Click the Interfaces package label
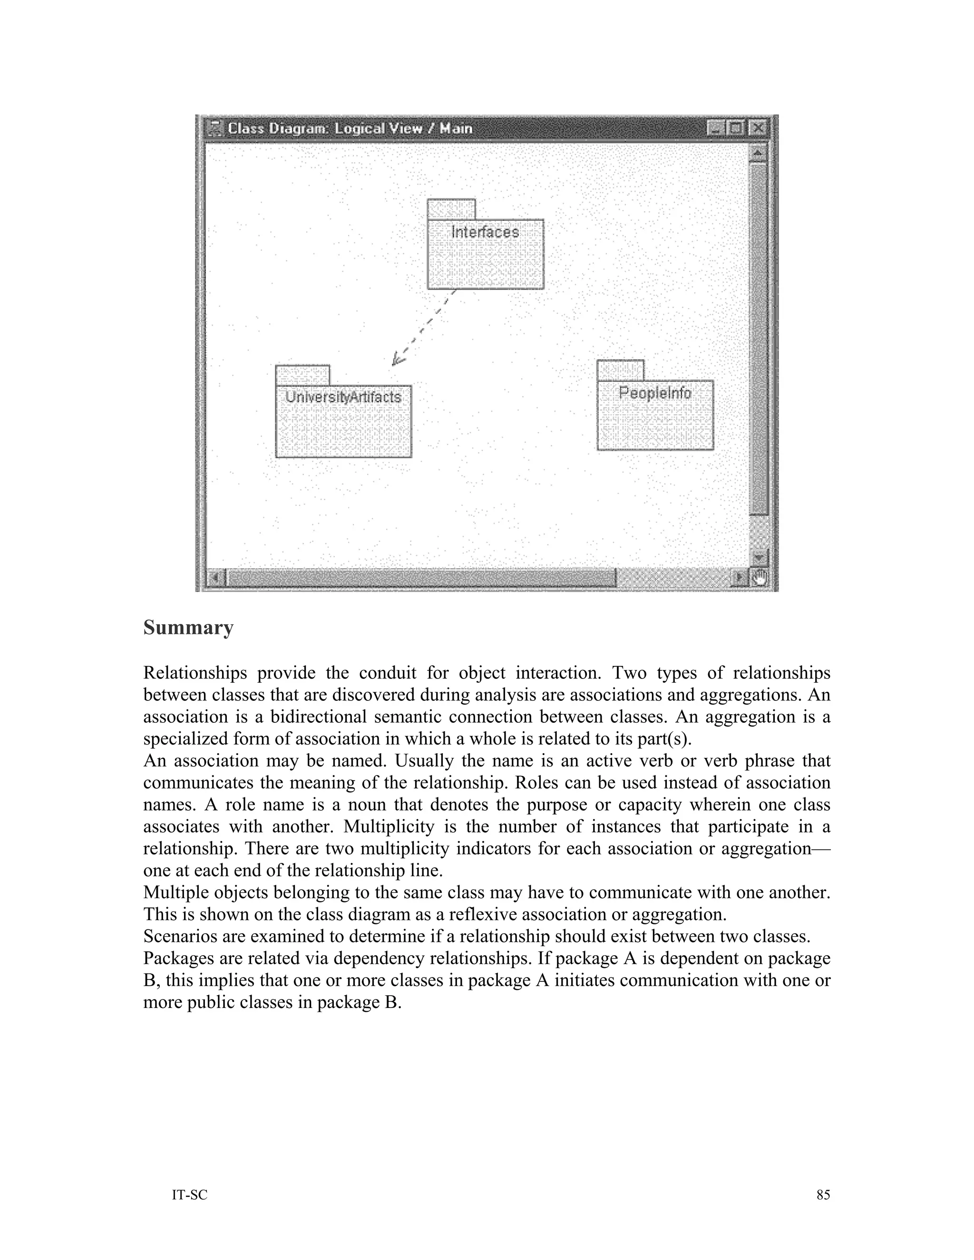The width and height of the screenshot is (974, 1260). (485, 232)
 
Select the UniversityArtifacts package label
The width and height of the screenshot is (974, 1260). (343, 397)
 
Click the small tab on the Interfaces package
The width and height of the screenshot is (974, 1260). (451, 209)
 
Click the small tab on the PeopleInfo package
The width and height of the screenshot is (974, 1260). (620, 370)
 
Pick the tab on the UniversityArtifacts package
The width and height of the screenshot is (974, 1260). (302, 375)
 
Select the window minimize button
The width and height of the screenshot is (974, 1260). (715, 127)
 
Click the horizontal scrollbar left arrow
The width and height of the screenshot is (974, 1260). (216, 577)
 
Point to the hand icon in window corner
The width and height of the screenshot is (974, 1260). (760, 577)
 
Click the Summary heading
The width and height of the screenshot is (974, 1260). (188, 628)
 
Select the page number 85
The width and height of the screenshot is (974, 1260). (823, 1195)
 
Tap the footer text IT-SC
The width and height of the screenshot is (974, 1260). (189, 1195)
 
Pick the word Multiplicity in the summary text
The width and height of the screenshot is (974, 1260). (389, 827)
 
